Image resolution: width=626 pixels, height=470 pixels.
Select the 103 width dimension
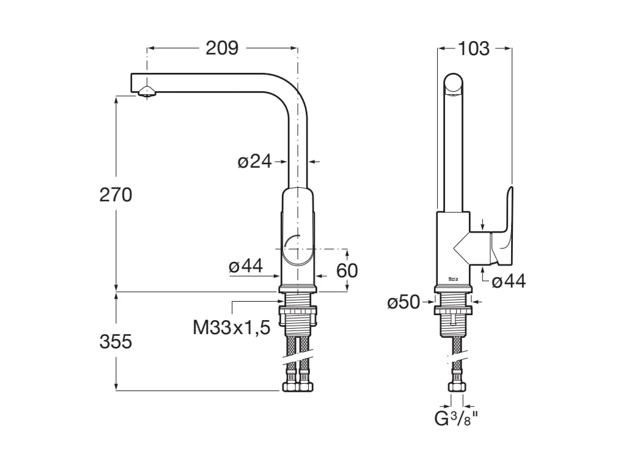pyautogui.click(x=474, y=48)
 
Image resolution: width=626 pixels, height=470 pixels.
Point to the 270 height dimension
pyautogui.click(x=116, y=195)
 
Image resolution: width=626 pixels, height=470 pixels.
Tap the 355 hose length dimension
pyautogui.click(x=116, y=341)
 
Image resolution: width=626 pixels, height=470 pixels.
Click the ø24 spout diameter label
pyautogui.click(x=254, y=162)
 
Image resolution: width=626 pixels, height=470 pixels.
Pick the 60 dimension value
pyautogui.click(x=347, y=270)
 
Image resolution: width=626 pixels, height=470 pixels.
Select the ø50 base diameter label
pyautogui.click(x=403, y=302)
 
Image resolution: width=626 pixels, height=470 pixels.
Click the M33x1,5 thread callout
pyautogui.click(x=232, y=327)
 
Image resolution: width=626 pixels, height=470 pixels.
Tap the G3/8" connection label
pyautogui.click(x=455, y=419)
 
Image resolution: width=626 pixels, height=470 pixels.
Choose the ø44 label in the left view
pyautogui.click(x=246, y=266)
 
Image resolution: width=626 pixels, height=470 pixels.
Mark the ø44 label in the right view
pyautogui.click(x=509, y=281)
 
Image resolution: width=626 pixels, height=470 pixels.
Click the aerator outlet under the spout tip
pyautogui.click(x=147, y=92)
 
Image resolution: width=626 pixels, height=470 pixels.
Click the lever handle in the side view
pyautogui.click(x=504, y=226)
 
